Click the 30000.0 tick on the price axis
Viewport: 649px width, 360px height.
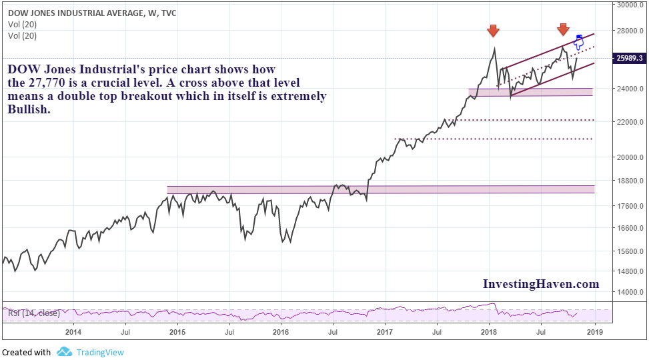click(629, 5)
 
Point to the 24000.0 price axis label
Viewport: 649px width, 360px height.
click(629, 89)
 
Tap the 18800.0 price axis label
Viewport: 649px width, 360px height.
click(629, 181)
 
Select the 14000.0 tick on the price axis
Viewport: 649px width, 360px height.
click(629, 292)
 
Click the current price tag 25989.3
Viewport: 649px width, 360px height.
click(630, 59)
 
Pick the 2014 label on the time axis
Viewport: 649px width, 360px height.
click(73, 331)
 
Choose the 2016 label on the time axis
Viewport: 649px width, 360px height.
click(281, 331)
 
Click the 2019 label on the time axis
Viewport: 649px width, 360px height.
click(594, 331)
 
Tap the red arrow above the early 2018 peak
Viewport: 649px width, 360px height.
click(493, 31)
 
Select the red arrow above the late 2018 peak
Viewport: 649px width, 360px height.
click(563, 29)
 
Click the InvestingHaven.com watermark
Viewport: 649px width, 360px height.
click(541, 284)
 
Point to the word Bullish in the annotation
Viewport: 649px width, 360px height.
click(29, 109)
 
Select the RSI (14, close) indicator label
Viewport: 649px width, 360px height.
click(33, 313)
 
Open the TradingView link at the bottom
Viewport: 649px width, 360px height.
click(100, 352)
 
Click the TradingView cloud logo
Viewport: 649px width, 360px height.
click(64, 351)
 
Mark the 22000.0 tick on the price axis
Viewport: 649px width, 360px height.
click(629, 122)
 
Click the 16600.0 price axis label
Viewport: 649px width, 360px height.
click(629, 228)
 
